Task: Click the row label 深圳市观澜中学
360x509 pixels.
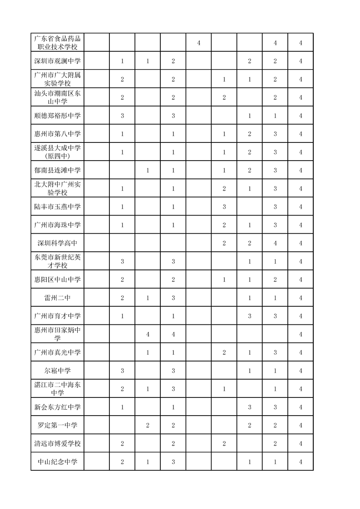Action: tap(58, 61)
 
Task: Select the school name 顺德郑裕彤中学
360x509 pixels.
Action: tap(58, 116)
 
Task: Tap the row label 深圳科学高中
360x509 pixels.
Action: tap(58, 243)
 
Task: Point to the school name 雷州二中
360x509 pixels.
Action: tap(58, 298)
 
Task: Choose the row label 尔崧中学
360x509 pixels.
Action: tap(58, 371)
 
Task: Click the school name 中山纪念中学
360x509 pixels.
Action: tap(58, 462)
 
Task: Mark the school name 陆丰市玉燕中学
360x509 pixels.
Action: tap(58, 207)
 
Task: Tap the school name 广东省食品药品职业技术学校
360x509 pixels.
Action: tap(58, 43)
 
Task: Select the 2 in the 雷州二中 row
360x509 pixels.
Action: tap(123, 298)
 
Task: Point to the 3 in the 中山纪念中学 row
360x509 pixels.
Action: tap(173, 462)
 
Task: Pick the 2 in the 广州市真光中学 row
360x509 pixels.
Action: tap(224, 352)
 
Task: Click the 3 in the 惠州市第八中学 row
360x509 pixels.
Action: tap(275, 134)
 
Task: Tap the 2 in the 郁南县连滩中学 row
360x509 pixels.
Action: tap(250, 171)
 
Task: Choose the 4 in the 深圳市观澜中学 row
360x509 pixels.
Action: tap(301, 61)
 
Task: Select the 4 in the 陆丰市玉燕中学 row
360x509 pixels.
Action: tap(301, 207)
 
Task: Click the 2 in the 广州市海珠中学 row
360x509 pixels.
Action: tap(224, 225)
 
